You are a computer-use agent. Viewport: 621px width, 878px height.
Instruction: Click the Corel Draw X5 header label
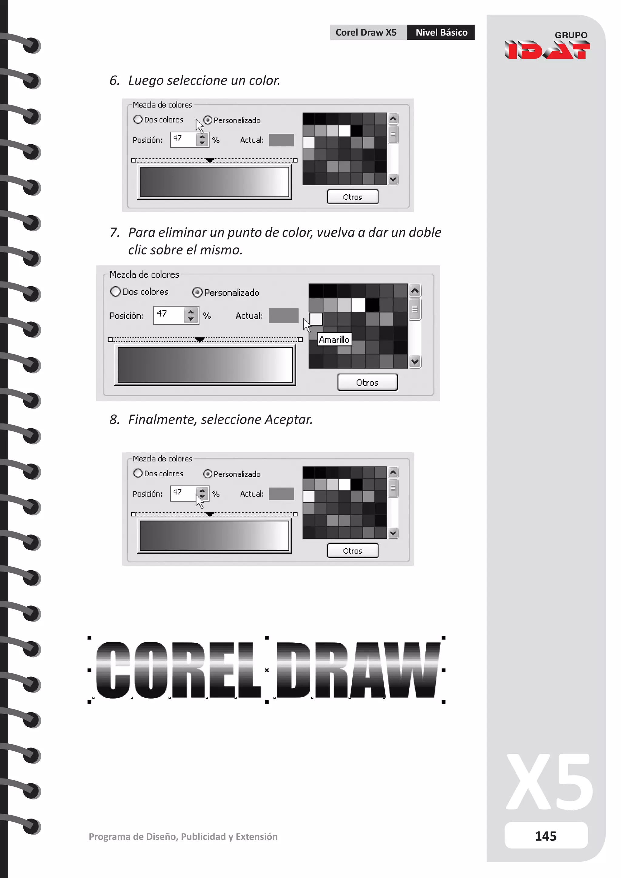point(366,32)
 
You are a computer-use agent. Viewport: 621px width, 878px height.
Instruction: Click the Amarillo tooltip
point(334,340)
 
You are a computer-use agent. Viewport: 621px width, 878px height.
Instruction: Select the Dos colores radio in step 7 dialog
point(116,292)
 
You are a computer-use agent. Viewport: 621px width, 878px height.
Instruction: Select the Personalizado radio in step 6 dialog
point(208,120)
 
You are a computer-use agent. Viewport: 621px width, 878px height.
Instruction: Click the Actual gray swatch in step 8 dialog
point(281,494)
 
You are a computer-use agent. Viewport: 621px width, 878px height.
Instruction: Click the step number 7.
point(114,232)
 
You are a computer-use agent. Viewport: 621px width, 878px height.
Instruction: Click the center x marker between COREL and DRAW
point(267,670)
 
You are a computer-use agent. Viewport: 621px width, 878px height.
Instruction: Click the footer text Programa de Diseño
point(183,837)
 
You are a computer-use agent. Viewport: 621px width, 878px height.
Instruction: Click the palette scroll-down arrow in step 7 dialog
point(415,361)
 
